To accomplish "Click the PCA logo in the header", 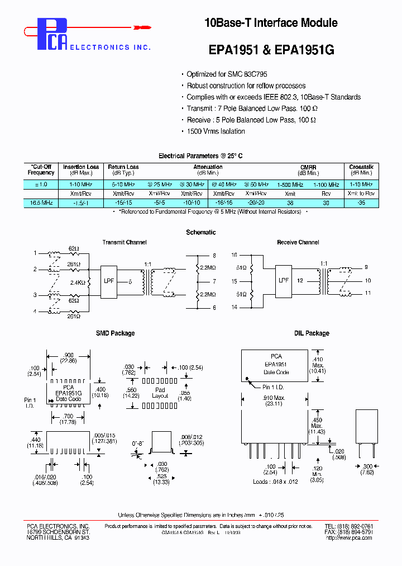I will point(52,34).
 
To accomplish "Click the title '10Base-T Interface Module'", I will point(271,23).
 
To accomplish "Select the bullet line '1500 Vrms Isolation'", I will point(216,131).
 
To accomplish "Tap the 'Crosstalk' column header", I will point(361,167).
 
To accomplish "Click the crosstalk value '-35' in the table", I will point(361,203).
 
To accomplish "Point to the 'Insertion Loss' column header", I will point(81,167).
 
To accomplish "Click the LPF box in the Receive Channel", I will point(284,281).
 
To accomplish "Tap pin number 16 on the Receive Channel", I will point(234,254).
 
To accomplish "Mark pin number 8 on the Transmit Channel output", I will point(214,256).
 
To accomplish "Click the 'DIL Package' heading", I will point(312,333).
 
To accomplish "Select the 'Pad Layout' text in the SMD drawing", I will point(160,393).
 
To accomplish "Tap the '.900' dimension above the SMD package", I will point(68,355).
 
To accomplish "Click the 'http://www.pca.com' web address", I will point(348,538).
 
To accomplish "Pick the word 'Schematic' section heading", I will point(200,232).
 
